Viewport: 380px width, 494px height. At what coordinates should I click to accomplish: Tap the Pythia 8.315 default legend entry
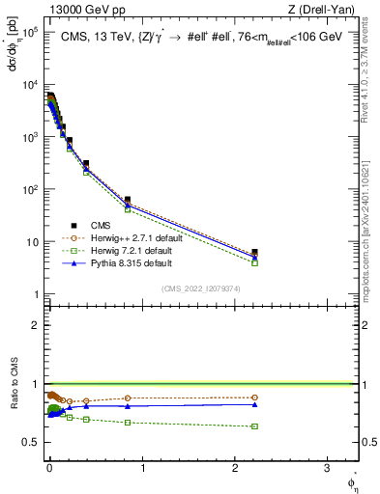(132, 262)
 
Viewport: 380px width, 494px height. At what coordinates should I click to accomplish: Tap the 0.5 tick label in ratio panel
(30, 442)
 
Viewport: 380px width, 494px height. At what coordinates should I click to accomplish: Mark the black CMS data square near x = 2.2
(254, 253)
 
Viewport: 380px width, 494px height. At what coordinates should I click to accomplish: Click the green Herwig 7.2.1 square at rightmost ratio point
(254, 426)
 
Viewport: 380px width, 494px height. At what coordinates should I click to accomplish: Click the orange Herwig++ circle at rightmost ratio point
(254, 398)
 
